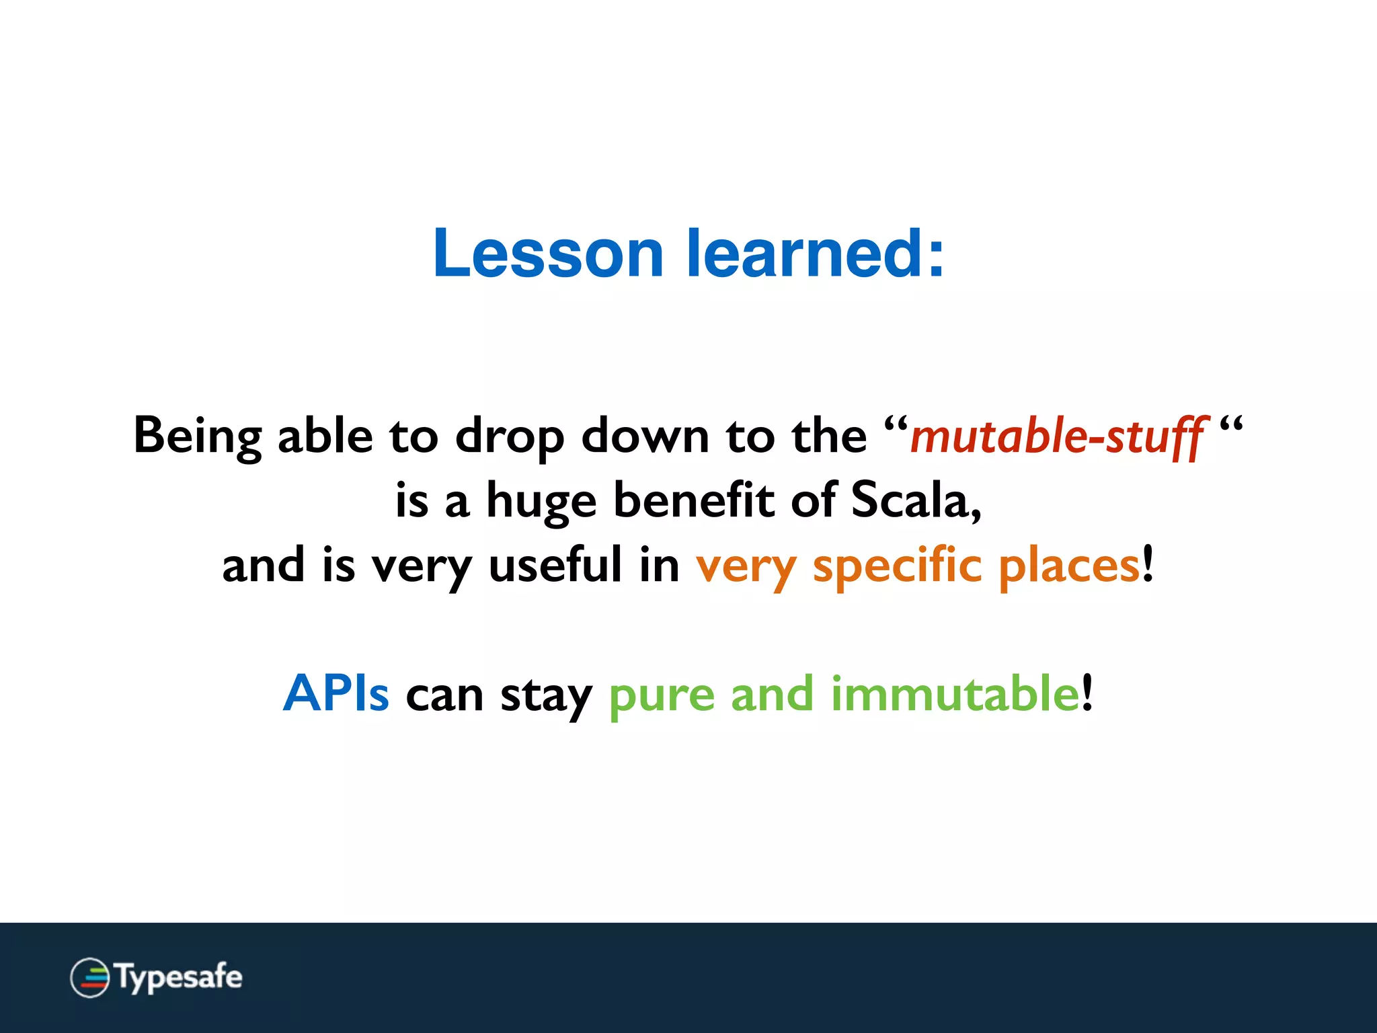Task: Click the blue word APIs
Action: point(336,693)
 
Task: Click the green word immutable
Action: point(955,693)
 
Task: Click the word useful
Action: point(555,565)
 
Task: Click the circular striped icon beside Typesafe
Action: point(89,977)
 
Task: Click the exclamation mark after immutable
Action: point(1087,693)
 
